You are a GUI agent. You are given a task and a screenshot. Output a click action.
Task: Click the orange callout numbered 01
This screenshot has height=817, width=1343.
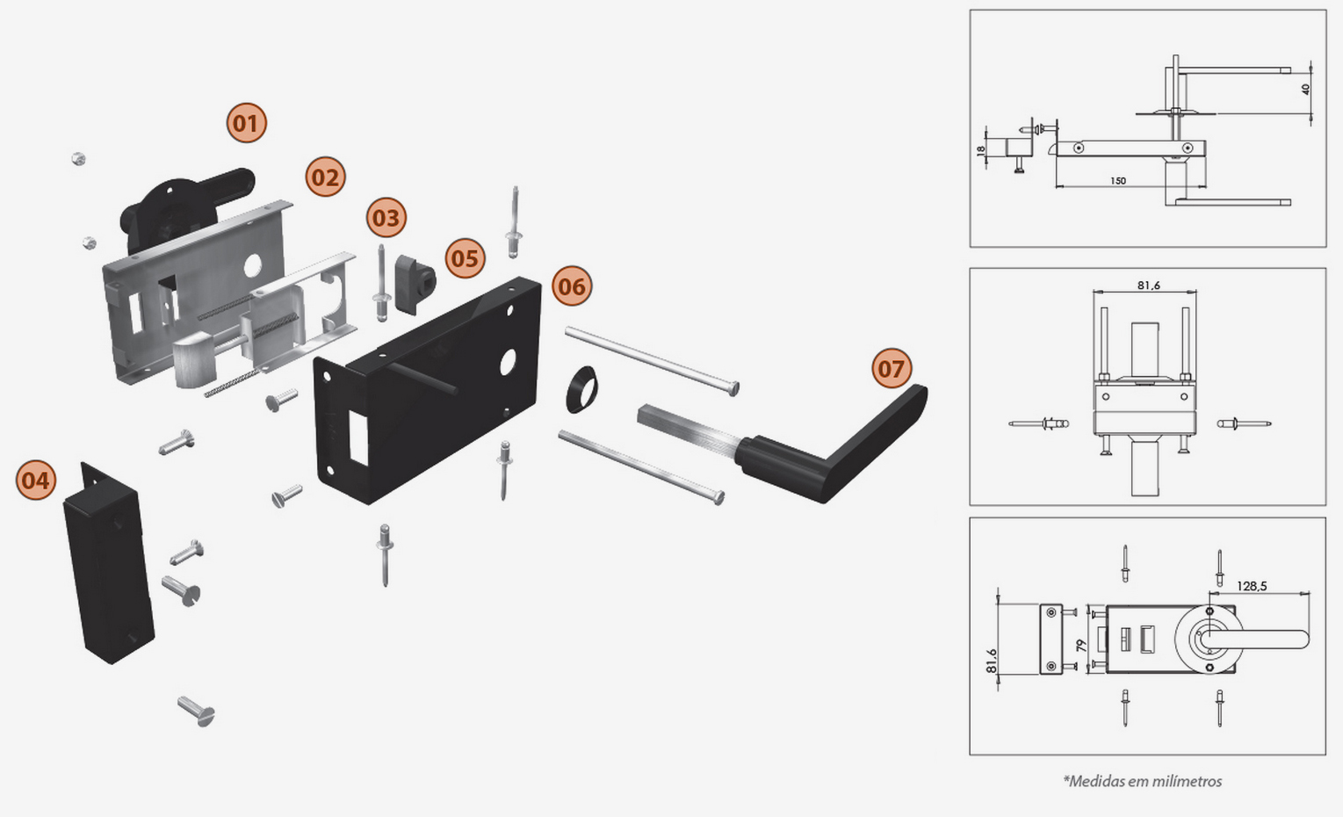(x=246, y=123)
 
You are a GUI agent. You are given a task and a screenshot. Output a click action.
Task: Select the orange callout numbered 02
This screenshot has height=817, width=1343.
(x=325, y=178)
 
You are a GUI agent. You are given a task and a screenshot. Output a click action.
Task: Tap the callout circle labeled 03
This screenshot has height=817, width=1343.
(x=386, y=218)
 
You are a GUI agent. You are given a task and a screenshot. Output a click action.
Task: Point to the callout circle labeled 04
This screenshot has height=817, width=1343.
(x=36, y=481)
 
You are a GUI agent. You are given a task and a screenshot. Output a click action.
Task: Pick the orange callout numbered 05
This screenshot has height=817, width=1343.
(x=465, y=258)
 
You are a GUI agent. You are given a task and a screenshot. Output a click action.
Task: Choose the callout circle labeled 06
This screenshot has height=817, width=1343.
(x=572, y=286)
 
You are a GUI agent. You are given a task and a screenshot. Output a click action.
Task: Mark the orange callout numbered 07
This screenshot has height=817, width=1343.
(x=892, y=368)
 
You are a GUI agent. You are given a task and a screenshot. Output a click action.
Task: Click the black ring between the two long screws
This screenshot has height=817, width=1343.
(x=581, y=390)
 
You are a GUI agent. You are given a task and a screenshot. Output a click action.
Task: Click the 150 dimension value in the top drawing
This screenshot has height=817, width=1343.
(x=1117, y=181)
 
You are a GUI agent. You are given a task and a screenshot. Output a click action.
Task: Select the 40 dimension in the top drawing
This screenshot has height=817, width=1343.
(x=1305, y=90)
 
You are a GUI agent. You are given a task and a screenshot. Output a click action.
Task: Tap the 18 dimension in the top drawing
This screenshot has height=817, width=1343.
(x=981, y=150)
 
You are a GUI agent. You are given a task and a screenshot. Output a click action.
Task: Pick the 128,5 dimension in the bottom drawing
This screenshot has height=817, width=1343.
(x=1252, y=586)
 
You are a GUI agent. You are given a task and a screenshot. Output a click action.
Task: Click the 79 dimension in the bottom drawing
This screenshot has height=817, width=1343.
(x=1081, y=646)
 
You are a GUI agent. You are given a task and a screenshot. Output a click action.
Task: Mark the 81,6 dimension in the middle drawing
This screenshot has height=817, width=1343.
(x=1148, y=286)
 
